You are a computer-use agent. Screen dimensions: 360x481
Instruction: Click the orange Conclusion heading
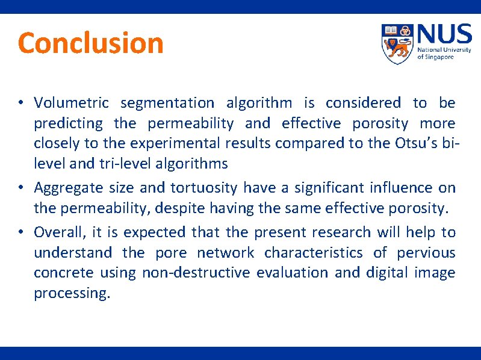tap(90, 43)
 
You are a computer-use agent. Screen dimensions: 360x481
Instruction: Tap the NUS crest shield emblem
tap(397, 44)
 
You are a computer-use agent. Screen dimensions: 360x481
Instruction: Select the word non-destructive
tap(196, 273)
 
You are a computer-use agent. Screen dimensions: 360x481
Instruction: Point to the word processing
tap(72, 294)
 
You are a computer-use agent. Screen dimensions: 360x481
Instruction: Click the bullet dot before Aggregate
tap(20, 188)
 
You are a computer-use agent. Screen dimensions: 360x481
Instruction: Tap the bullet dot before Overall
tap(20, 232)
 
